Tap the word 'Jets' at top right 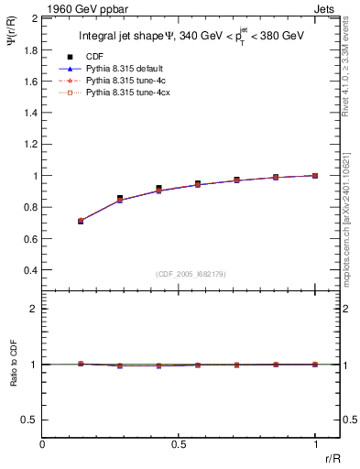325,8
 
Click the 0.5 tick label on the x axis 179,444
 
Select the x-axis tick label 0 43,444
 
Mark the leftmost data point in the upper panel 81,221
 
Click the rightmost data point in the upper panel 315,175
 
